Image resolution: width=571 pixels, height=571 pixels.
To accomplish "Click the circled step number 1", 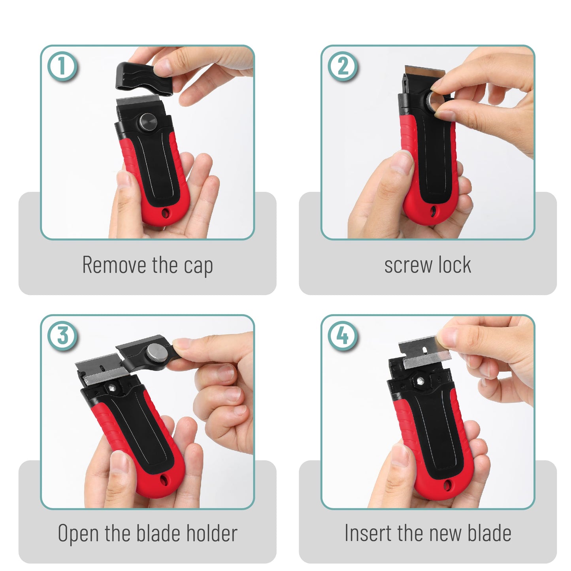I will click(62, 66).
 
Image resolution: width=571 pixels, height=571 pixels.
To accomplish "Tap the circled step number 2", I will click(343, 66).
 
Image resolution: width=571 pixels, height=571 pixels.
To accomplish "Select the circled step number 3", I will click(62, 336).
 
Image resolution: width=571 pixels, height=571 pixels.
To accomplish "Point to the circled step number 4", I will click(343, 336).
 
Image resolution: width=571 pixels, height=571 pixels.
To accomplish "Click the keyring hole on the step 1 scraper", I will click(165, 213).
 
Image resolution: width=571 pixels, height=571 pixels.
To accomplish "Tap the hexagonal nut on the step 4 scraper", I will click(420, 381).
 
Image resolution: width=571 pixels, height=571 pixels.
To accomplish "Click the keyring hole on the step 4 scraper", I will click(447, 485).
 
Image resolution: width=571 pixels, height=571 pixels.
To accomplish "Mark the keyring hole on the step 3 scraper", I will click(164, 480).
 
